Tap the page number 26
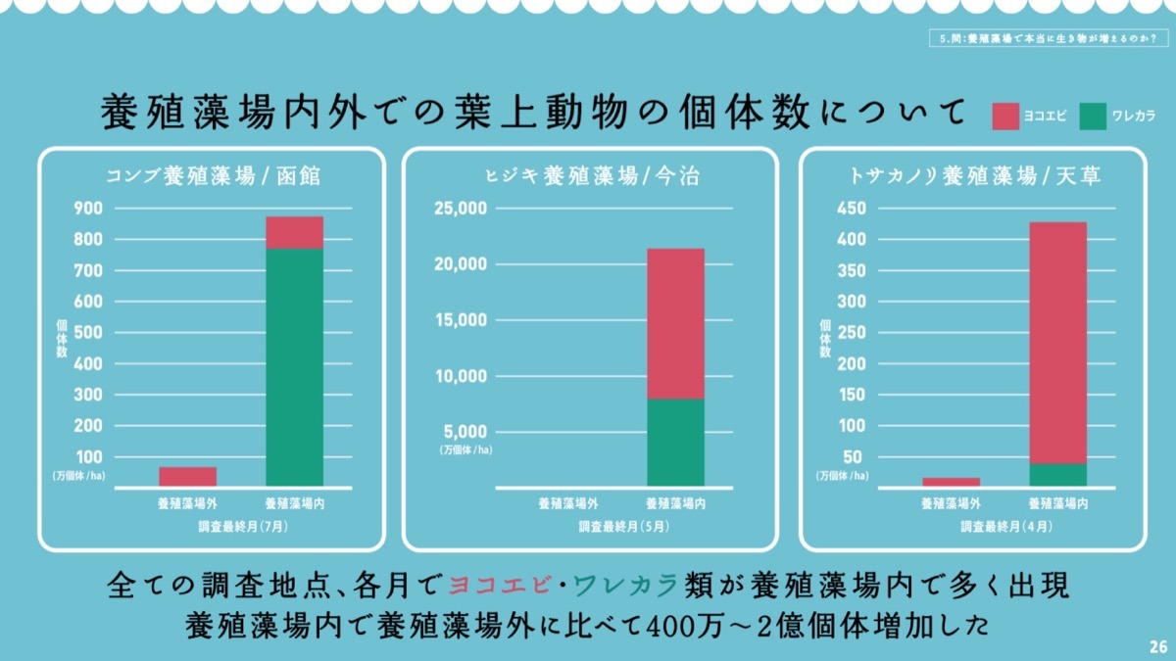(x=1157, y=647)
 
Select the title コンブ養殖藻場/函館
(x=213, y=176)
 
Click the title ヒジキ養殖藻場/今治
(x=593, y=176)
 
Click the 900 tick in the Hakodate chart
(x=89, y=208)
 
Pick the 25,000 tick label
(x=460, y=209)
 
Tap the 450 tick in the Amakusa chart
(x=849, y=208)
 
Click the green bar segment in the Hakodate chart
(x=295, y=367)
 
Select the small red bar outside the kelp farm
(x=187, y=476)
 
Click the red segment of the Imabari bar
(x=675, y=323)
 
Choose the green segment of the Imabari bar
(x=675, y=442)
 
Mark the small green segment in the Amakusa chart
(x=1057, y=475)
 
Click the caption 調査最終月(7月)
(x=241, y=526)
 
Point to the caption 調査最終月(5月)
(x=623, y=526)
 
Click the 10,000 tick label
(x=460, y=376)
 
